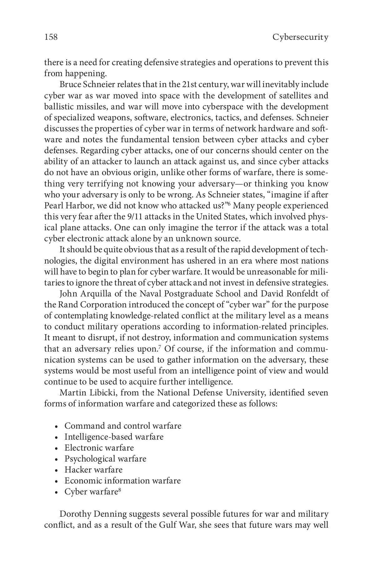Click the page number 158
[x=51, y=38]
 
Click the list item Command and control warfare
[x=123, y=426]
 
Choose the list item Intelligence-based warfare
[x=114, y=437]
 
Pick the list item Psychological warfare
[x=105, y=459]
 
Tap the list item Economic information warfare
[x=122, y=481]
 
